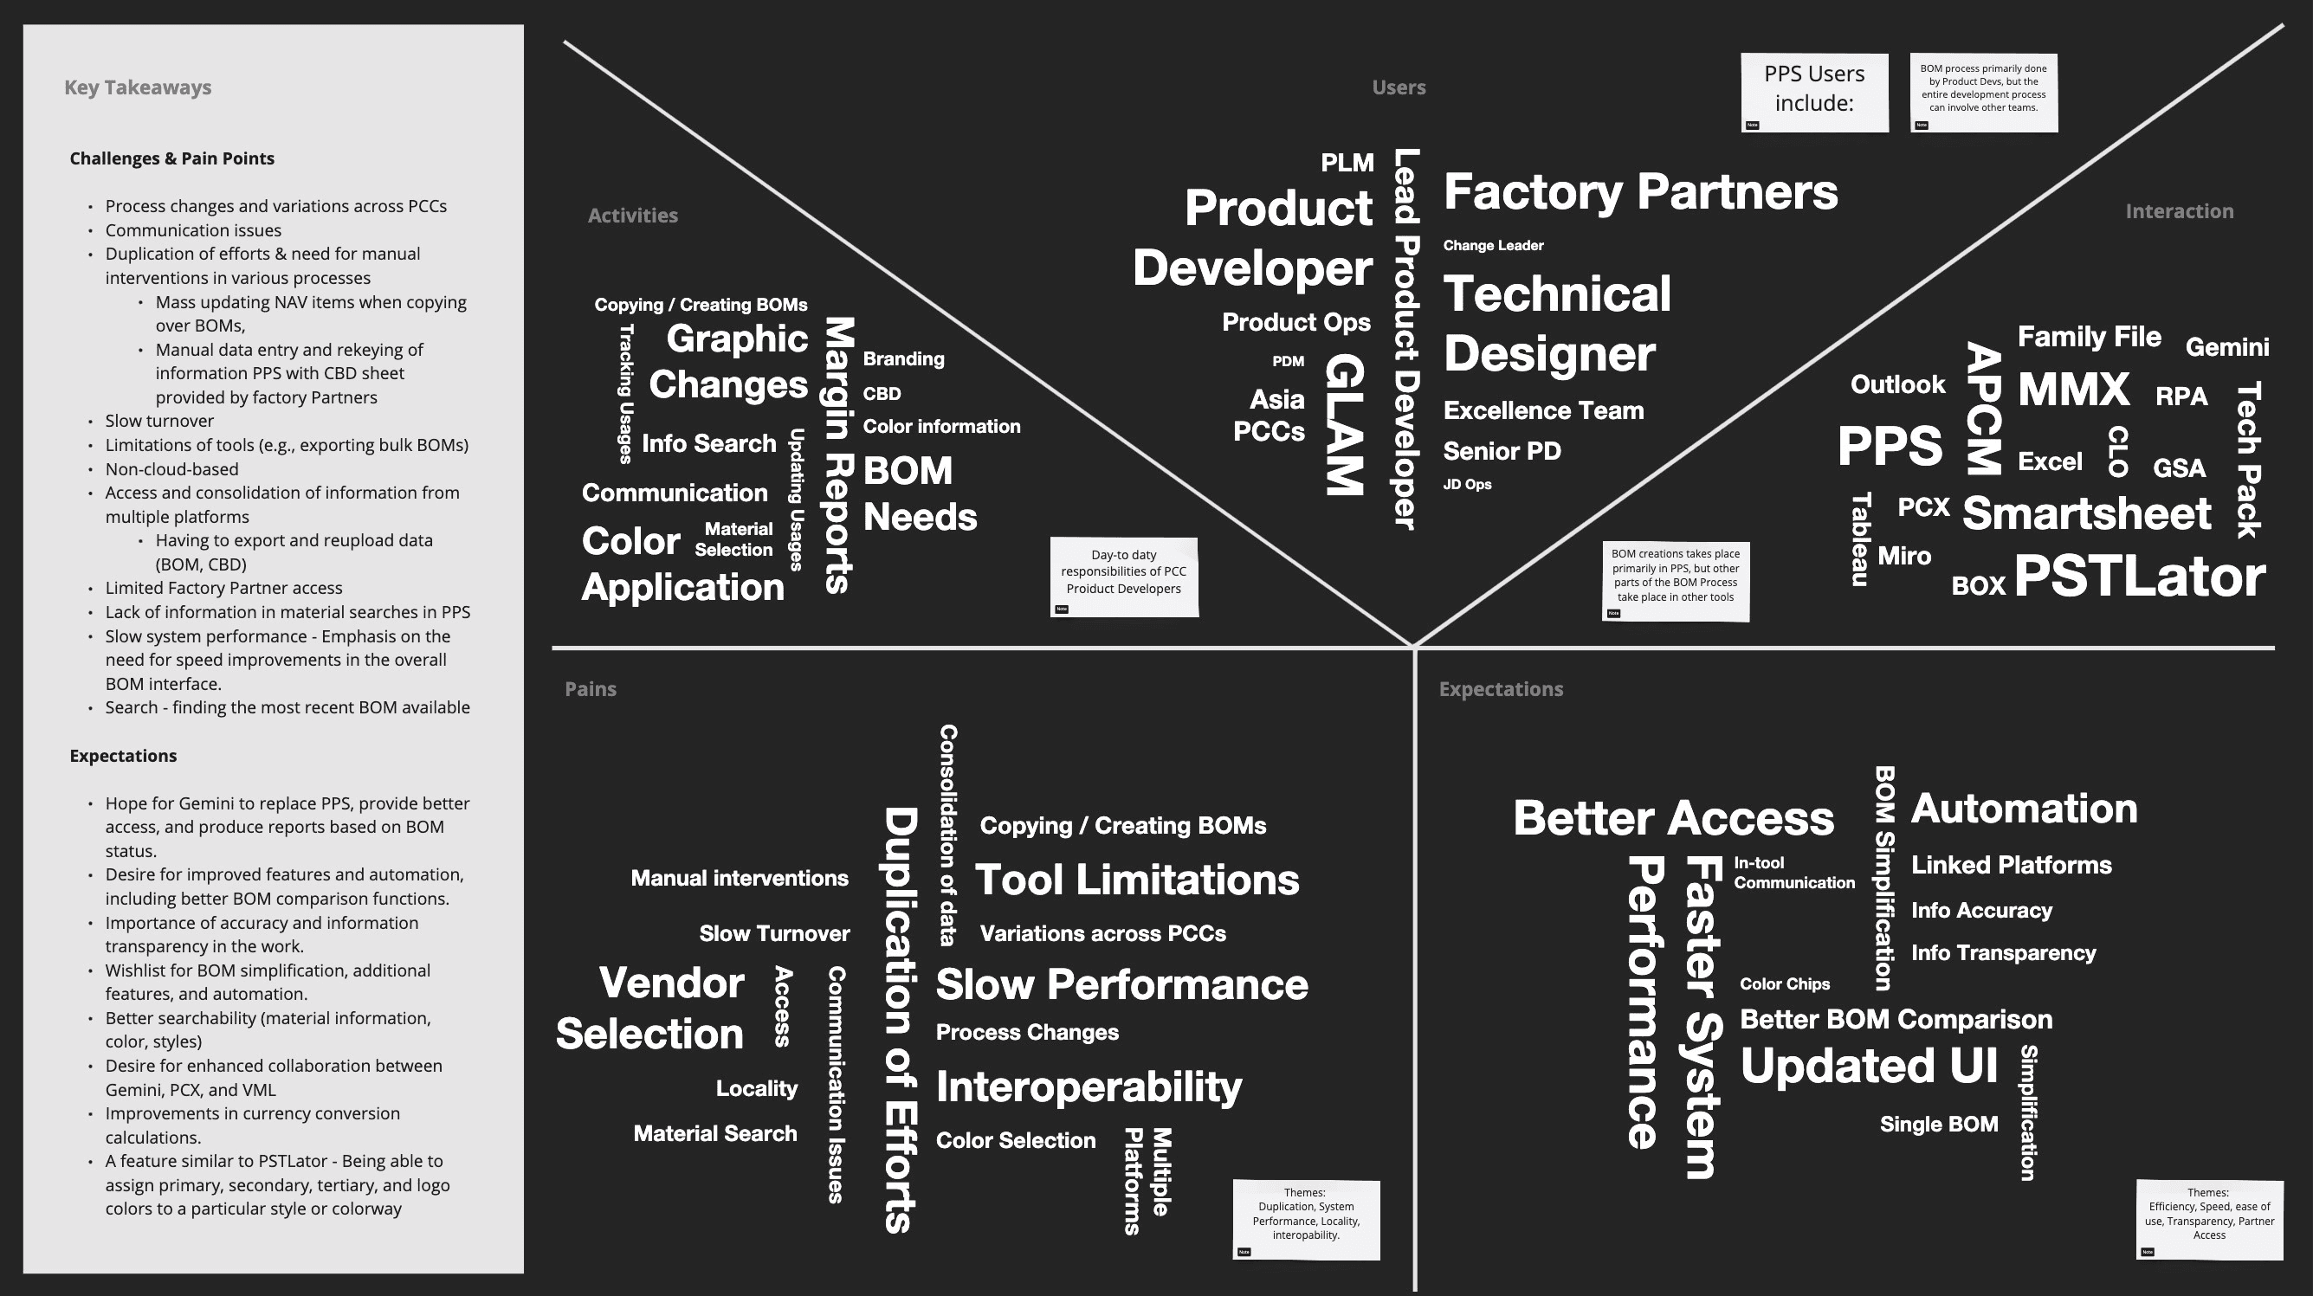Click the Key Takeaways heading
click(x=138, y=87)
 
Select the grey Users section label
click(x=1398, y=87)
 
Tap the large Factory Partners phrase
click(x=1639, y=192)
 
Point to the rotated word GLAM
click(x=1345, y=423)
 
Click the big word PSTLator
click(x=2139, y=577)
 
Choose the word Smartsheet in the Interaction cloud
click(x=2086, y=513)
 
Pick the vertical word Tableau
click(x=1859, y=538)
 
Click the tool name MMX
click(x=2073, y=390)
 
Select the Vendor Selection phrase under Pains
click(x=650, y=1008)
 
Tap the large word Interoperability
click(x=1089, y=1086)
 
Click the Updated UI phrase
click(x=1869, y=1066)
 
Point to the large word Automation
click(x=2024, y=809)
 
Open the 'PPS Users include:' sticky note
click(x=1813, y=93)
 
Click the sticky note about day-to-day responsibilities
click(x=1123, y=577)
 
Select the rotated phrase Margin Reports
click(x=837, y=455)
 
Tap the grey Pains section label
click(x=590, y=688)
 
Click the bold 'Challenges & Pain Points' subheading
click(x=171, y=158)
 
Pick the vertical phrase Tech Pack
click(x=2247, y=460)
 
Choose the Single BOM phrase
click(x=1939, y=1124)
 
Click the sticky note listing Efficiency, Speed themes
click(x=2209, y=1219)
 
